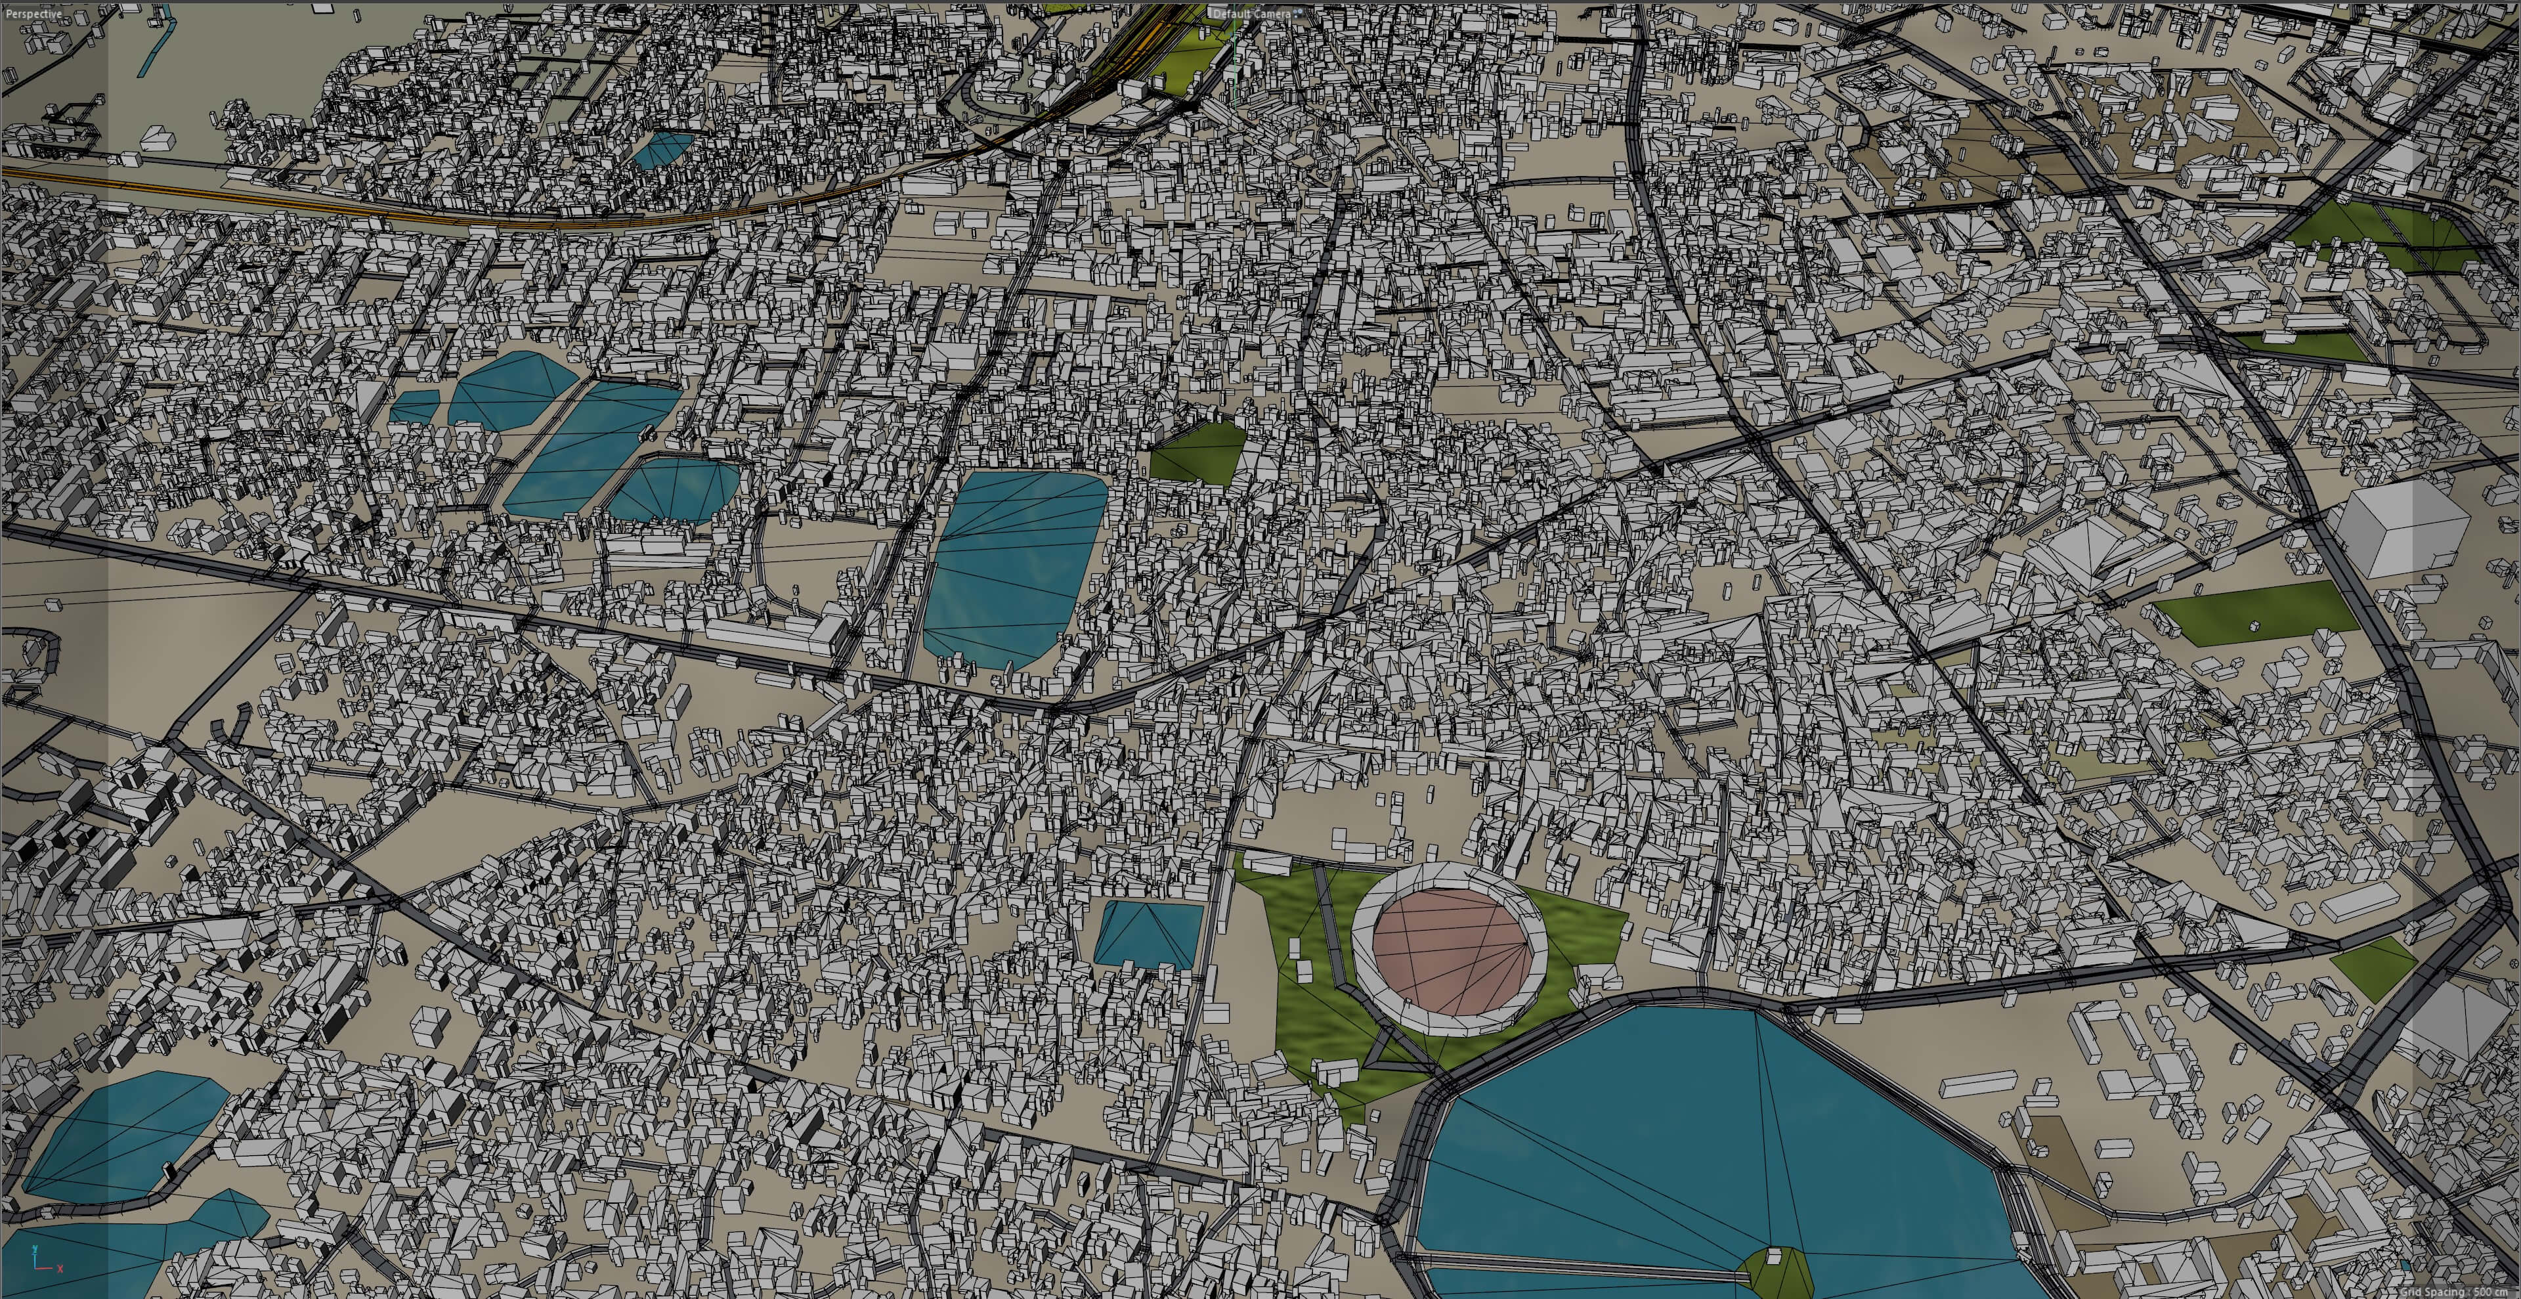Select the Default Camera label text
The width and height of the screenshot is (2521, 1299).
(1253, 14)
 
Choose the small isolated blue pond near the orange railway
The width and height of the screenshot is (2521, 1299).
(662, 149)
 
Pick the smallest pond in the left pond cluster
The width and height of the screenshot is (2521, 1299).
(415, 407)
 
